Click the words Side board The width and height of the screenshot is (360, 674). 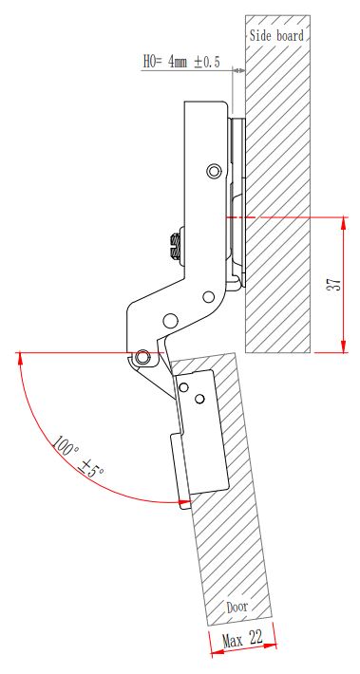tap(276, 36)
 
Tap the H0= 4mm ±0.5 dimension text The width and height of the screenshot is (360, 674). tap(181, 63)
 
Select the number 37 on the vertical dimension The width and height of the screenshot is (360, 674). tap(334, 284)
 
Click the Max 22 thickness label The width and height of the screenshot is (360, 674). tap(242, 640)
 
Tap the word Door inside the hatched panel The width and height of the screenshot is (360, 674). tap(237, 607)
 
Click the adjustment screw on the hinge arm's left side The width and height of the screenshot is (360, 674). tap(176, 246)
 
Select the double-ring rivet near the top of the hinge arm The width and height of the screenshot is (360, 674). tap(213, 171)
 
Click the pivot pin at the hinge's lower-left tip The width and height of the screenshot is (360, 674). tap(142, 356)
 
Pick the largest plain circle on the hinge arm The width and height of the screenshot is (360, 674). tap(170, 320)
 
